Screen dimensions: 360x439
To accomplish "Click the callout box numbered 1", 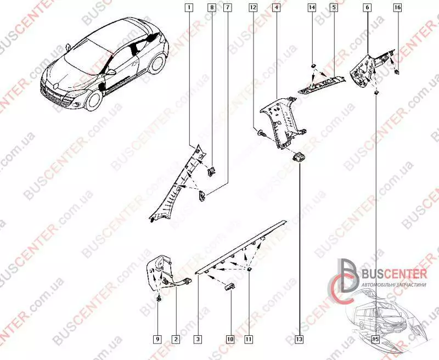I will [x=189, y=8].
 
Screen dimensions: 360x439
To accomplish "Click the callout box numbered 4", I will [x=276, y=8].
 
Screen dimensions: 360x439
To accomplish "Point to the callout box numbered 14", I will [x=312, y=8].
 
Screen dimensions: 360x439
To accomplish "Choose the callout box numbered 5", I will [x=333, y=8].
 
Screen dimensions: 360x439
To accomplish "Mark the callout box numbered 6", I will [x=367, y=8].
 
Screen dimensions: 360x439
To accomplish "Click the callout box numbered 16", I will [x=397, y=8].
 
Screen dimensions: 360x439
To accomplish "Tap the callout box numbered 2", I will [x=175, y=340].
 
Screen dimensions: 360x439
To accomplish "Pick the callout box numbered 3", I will [x=197, y=340].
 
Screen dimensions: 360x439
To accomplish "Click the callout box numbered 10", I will [x=230, y=340].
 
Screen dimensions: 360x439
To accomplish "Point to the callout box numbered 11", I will [x=249, y=340].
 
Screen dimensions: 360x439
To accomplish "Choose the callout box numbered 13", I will [x=300, y=340].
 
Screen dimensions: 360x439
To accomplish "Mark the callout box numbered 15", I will [x=375, y=340].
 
